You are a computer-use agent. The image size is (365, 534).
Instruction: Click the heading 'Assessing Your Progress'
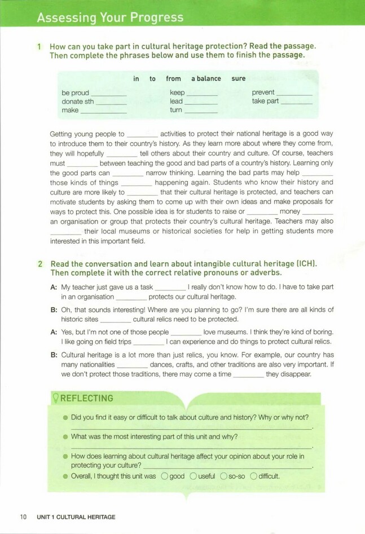[x=110, y=18]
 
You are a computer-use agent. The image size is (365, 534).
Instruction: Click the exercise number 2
[x=39, y=264]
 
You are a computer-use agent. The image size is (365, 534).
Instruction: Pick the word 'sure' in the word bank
[x=238, y=79]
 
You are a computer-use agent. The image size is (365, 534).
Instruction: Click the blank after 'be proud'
[x=108, y=93]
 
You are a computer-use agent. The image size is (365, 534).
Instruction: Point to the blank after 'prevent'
[x=294, y=93]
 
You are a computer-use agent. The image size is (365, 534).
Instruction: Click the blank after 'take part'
[x=297, y=102]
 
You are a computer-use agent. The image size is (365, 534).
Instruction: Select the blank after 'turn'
[x=201, y=111]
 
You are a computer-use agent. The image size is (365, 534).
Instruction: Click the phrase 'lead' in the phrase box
[x=176, y=101]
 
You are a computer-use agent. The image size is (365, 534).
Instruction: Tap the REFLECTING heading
[x=87, y=398]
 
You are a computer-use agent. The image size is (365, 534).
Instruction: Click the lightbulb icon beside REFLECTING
[x=56, y=398]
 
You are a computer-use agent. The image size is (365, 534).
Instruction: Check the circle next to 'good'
[x=164, y=476]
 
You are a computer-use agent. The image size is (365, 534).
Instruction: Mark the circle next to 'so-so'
[x=223, y=476]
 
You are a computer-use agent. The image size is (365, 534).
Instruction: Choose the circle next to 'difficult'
[x=254, y=476]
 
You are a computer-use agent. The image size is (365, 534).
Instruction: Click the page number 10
[x=23, y=517]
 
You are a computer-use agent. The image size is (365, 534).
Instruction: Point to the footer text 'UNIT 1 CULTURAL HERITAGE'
[x=76, y=517]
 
